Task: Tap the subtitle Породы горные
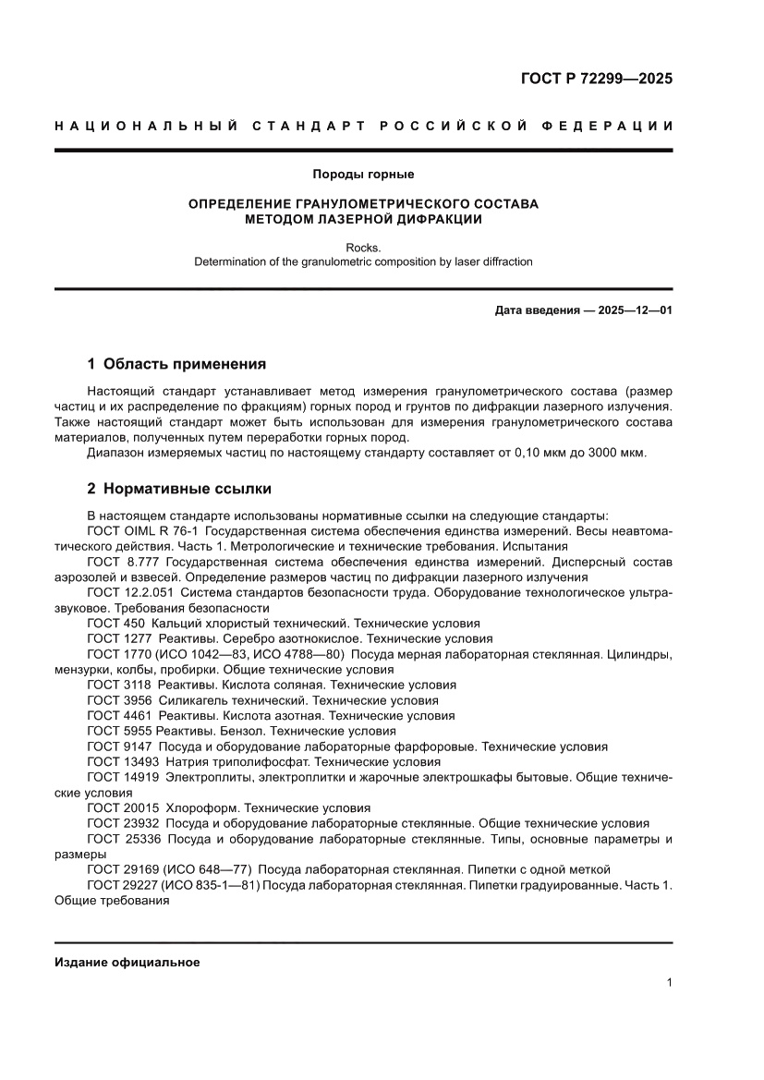coord(363,174)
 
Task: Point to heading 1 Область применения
coord(176,363)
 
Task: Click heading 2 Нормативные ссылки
coord(178,488)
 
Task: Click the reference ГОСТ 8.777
coord(124,562)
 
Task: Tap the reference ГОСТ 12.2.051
coord(130,592)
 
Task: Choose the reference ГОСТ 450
coord(115,624)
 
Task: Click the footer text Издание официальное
coord(127,962)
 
